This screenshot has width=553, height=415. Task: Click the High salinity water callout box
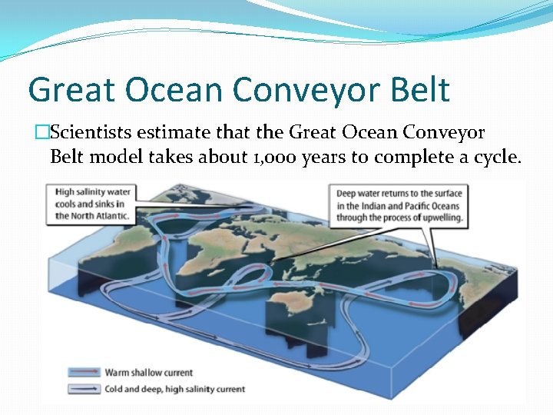pos(91,203)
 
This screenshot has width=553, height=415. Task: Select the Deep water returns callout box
pos(399,203)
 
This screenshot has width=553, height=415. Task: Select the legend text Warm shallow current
pos(148,373)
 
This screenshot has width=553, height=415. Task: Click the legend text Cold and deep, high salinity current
pos(174,389)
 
